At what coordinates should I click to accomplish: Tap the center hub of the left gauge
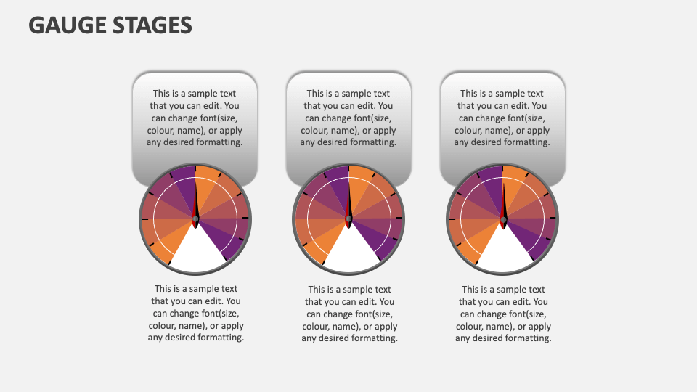195,219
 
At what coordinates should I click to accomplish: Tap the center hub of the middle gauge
349,219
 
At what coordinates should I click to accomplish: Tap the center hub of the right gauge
503,219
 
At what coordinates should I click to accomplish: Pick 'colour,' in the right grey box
472,131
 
